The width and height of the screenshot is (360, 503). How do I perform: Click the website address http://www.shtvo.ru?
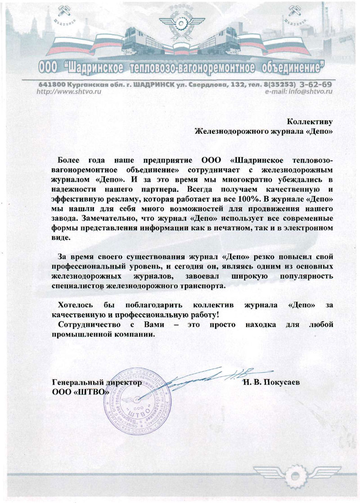click(67, 91)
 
